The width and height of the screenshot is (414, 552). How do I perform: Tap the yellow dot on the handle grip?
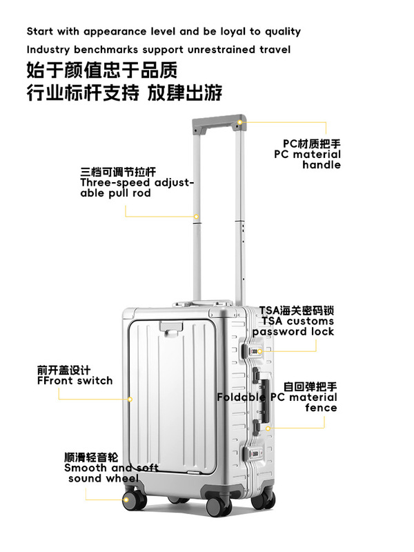[240, 123]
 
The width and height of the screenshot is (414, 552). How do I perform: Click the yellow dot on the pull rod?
[197, 217]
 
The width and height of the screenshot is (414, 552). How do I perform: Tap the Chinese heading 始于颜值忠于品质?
[102, 70]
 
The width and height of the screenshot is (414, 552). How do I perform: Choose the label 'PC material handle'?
[308, 155]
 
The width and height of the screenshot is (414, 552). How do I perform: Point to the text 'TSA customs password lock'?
[293, 321]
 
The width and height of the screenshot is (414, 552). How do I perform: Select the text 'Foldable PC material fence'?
[277, 397]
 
